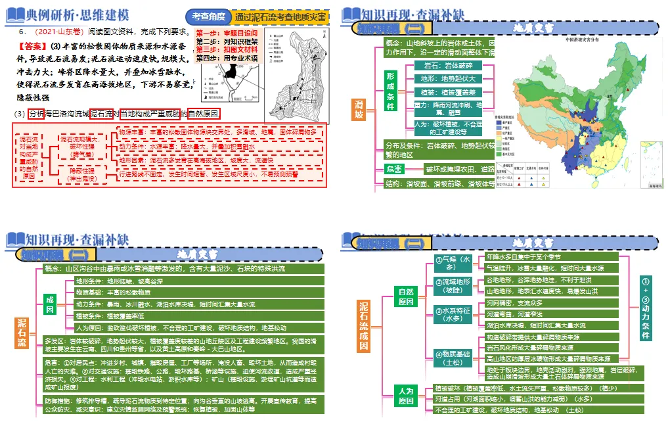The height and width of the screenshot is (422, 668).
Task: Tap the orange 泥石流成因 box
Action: pos(364,326)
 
